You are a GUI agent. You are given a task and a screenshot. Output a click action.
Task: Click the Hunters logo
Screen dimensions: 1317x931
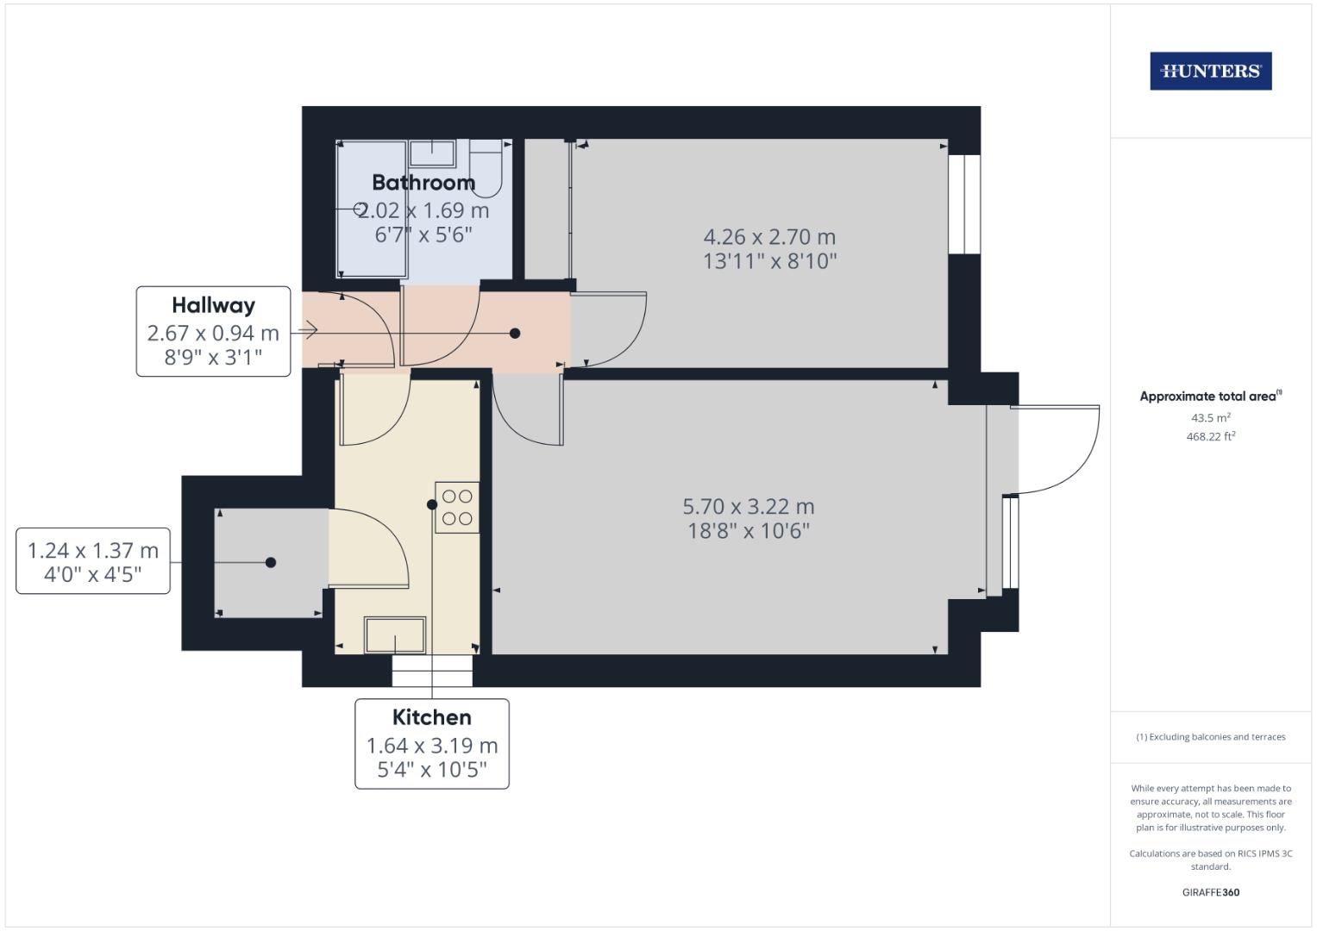(x=1211, y=71)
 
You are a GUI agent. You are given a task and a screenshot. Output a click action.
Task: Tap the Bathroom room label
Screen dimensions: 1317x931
(x=423, y=183)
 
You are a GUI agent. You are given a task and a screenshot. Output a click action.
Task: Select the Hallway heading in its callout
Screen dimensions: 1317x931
(x=213, y=306)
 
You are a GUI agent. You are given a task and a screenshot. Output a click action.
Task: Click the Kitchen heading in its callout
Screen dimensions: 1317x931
(x=432, y=717)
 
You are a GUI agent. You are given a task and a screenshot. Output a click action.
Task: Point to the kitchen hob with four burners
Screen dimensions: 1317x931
(x=457, y=508)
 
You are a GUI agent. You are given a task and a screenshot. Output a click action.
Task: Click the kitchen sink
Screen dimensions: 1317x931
(x=394, y=635)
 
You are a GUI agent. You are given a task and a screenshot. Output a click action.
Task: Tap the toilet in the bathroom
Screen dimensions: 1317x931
(x=486, y=167)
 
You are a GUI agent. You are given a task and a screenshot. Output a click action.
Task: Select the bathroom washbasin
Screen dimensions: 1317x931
(x=432, y=153)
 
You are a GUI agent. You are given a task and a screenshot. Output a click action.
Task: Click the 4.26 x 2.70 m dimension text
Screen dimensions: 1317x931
(x=769, y=237)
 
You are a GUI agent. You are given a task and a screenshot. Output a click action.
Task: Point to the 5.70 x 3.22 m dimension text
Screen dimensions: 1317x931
(x=749, y=507)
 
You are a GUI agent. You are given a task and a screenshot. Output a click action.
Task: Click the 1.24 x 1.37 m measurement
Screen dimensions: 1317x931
(x=93, y=551)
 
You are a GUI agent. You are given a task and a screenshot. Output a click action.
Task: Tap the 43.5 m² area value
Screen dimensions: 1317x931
(x=1211, y=418)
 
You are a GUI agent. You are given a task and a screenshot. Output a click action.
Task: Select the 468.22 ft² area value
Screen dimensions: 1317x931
(x=1211, y=437)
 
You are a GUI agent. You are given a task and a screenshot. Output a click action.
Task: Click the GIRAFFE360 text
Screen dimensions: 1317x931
(x=1211, y=892)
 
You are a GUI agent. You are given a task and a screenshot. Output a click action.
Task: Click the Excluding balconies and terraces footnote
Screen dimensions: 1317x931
(x=1211, y=737)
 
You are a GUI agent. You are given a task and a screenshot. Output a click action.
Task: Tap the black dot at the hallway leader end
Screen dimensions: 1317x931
(x=515, y=334)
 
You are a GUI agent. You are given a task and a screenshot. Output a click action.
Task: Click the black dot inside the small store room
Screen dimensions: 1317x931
(x=271, y=562)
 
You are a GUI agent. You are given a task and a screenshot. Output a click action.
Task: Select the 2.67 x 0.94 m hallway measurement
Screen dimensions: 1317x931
(x=213, y=334)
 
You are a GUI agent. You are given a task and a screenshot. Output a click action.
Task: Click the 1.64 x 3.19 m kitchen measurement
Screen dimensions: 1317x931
(x=432, y=746)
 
